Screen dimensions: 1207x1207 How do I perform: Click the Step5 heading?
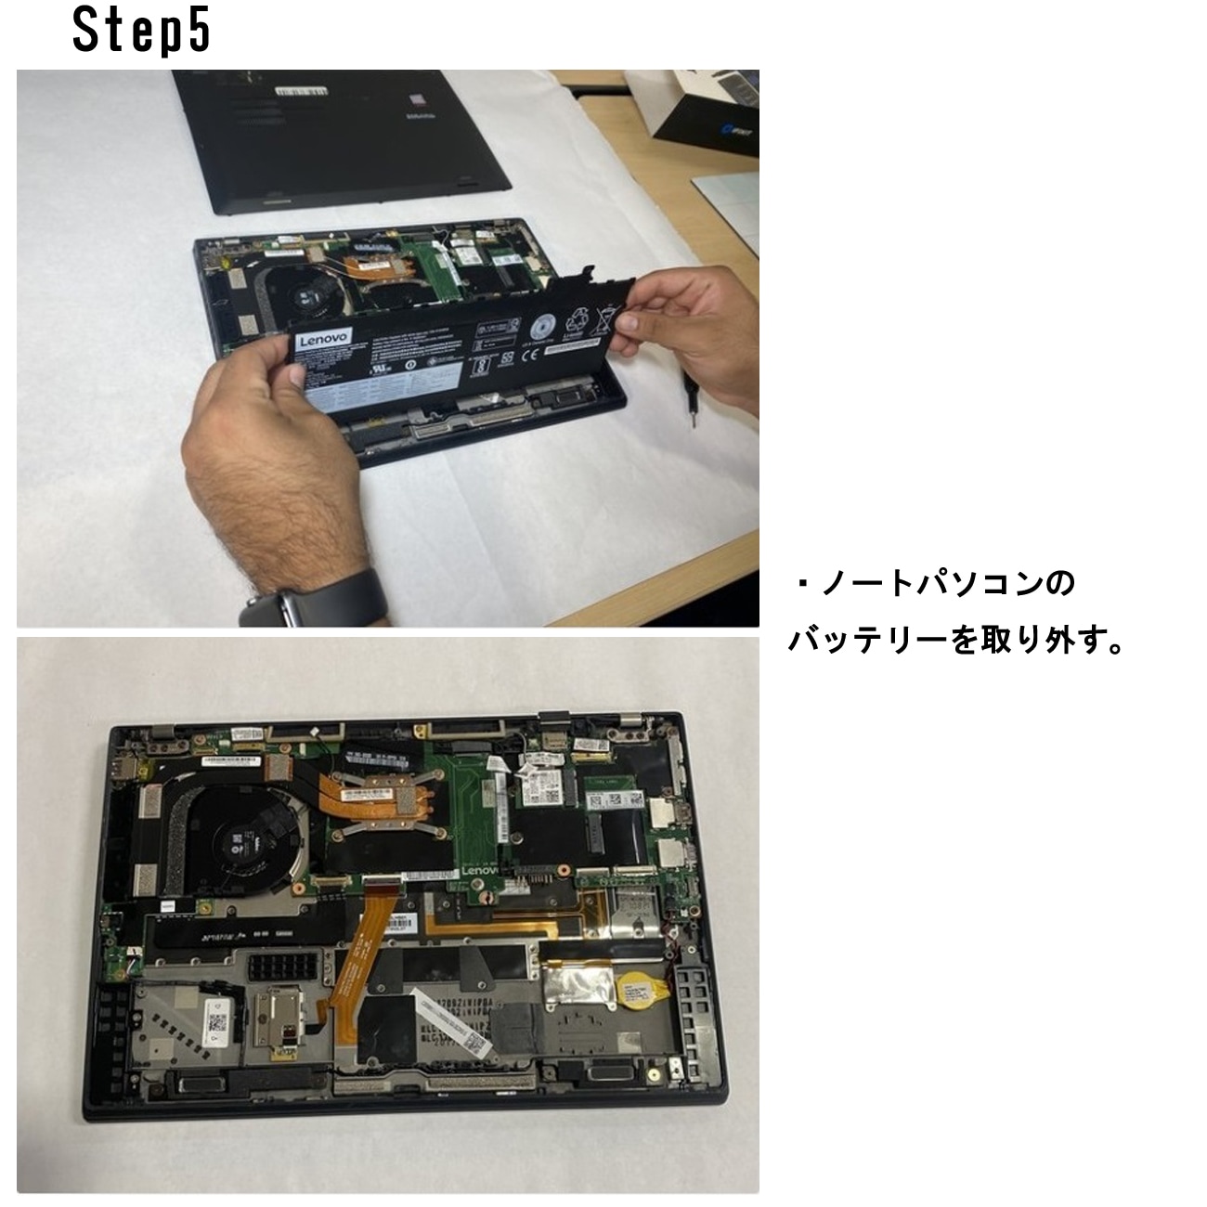tap(142, 32)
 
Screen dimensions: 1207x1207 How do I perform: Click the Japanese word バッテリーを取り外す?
tap(956, 641)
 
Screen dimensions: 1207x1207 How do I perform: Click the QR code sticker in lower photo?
tap(217, 1026)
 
